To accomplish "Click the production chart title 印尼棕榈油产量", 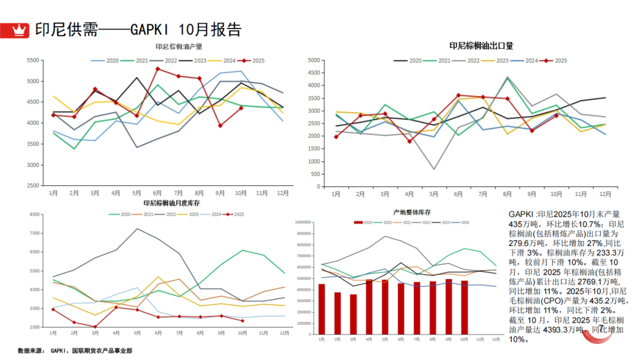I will [179, 47].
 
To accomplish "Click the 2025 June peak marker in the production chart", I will [158, 69].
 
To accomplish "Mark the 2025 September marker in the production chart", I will [220, 126].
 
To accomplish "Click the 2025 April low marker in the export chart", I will [409, 141].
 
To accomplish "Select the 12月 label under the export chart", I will [605, 194].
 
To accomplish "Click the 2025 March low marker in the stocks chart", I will [95, 326].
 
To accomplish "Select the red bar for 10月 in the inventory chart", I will [464, 307].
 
